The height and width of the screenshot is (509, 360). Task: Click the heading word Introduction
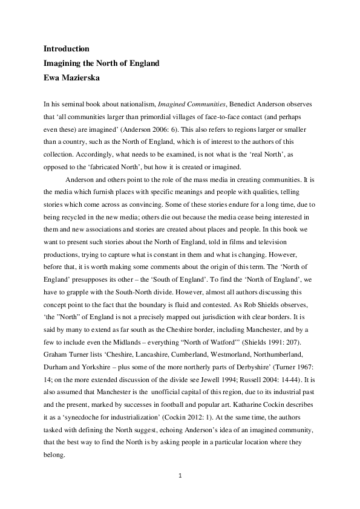pyautogui.click(x=67, y=48)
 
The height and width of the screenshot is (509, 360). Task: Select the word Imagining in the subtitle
pyautogui.click(x=65, y=63)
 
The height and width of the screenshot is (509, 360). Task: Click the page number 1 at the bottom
pyautogui.click(x=180, y=476)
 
